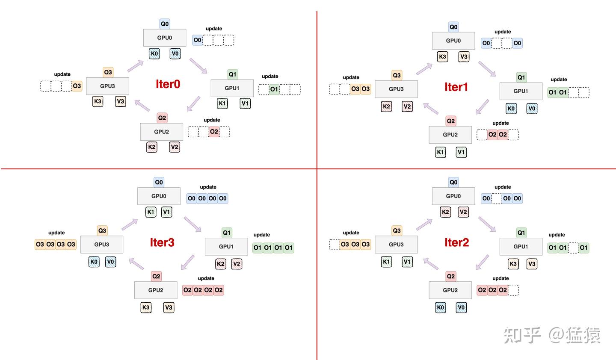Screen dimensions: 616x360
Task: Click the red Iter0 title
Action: point(168,84)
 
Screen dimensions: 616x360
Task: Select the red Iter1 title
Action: point(456,87)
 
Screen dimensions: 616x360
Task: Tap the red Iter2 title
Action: point(456,242)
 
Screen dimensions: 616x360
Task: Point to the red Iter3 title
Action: point(162,242)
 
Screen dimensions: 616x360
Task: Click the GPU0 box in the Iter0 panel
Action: point(164,38)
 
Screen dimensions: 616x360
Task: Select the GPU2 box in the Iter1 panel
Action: point(450,135)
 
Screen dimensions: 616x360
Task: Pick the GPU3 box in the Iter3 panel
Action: point(101,244)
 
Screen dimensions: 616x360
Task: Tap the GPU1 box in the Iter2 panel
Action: point(521,247)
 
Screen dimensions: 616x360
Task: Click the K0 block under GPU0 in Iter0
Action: point(154,53)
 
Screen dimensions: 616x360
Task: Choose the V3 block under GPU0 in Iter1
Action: point(464,56)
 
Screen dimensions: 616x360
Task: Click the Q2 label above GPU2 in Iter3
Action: point(156,276)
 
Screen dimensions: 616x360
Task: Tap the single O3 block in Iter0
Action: point(77,86)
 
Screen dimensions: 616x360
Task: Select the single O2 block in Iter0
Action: point(214,132)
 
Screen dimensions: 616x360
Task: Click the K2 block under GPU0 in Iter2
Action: point(445,212)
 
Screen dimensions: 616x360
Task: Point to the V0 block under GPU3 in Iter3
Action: point(110,262)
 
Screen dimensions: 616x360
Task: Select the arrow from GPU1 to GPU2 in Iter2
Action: point(482,262)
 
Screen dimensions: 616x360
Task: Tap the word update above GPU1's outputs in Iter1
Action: point(559,80)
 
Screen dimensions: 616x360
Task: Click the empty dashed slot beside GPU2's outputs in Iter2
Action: point(513,290)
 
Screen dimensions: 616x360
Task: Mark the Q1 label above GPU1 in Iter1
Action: point(521,77)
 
